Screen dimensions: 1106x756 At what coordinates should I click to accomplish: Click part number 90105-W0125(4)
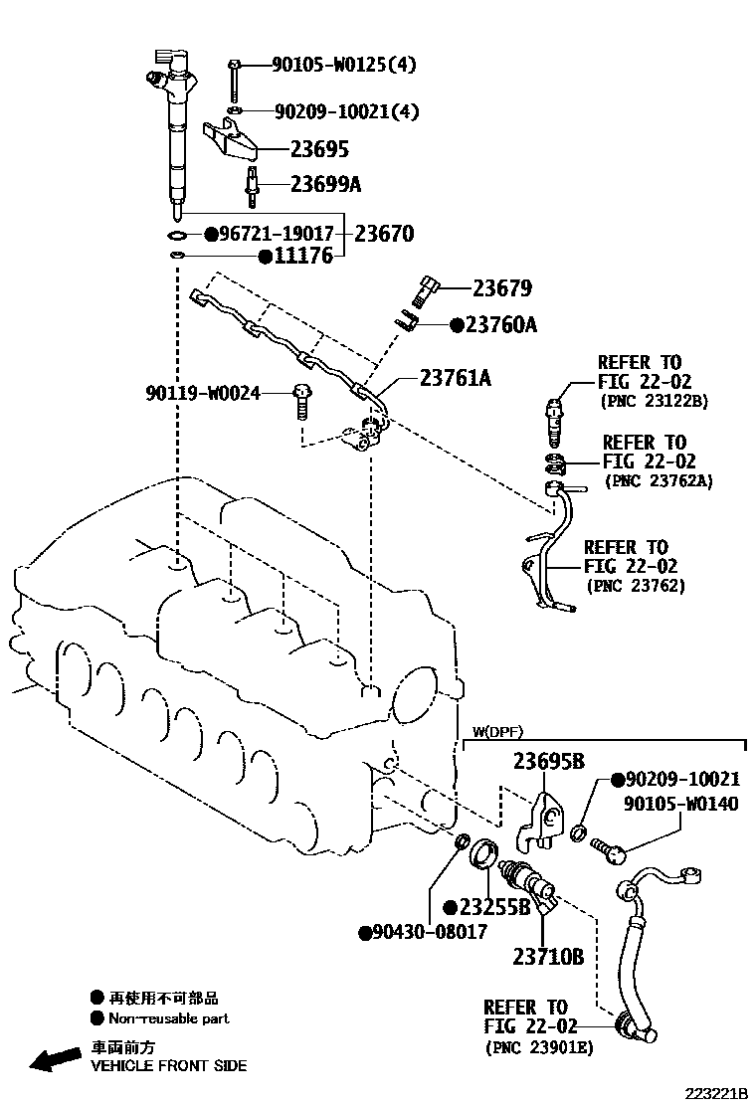click(344, 66)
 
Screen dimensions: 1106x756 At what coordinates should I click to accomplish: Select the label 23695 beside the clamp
click(319, 150)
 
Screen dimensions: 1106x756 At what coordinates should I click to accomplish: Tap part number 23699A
click(326, 184)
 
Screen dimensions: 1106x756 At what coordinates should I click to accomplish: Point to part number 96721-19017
click(275, 235)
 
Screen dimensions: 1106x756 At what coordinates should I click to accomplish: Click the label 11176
click(303, 257)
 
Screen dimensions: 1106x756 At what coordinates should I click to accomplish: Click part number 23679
click(501, 288)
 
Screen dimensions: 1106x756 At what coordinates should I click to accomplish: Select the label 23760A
click(500, 324)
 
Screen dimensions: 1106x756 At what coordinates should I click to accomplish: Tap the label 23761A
click(456, 378)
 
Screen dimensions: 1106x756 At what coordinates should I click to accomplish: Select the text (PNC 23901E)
click(538, 1047)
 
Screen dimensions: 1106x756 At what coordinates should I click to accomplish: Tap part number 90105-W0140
click(681, 804)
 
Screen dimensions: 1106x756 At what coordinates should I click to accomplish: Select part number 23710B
click(548, 957)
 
